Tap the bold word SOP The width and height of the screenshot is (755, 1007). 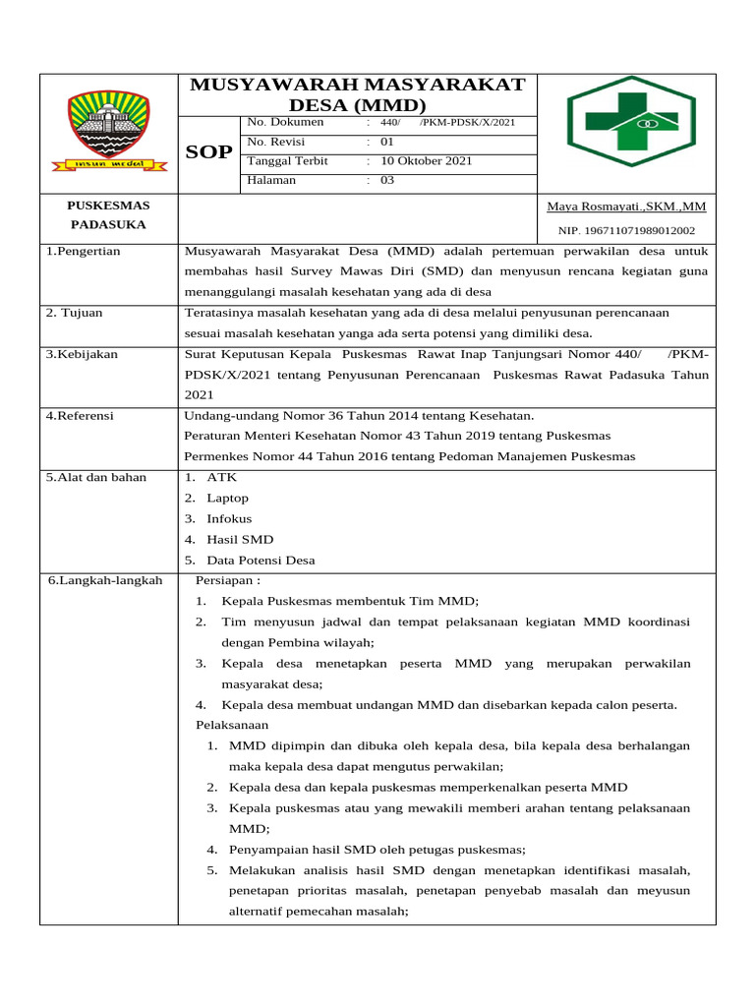209,152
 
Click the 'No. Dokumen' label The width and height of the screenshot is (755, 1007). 285,122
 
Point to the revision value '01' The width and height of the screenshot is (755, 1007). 386,142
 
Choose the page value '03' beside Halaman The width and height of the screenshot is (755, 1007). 386,180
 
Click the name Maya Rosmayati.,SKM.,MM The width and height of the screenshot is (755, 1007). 626,207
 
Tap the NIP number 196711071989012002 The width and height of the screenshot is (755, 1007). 626,231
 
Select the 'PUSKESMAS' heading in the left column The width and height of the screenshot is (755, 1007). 108,206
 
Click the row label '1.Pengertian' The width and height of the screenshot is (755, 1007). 83,251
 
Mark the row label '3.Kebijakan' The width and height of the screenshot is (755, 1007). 82,354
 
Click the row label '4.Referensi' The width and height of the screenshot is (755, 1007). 80,416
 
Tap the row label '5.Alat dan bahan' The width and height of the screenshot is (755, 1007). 96,477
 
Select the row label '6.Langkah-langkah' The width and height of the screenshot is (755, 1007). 105,580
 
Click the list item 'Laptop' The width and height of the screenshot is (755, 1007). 227,499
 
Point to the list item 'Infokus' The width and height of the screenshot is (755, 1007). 229,519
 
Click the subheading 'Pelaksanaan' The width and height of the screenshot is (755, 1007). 232,725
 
